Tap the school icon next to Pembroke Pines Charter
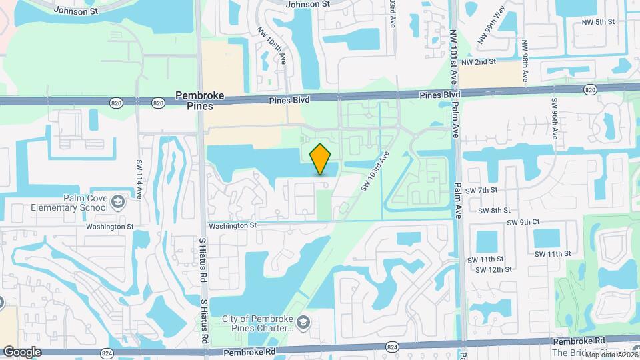click(x=303, y=323)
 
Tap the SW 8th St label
click(x=496, y=210)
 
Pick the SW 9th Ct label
click(x=523, y=222)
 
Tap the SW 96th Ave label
click(x=554, y=119)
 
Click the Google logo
click(x=22, y=352)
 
